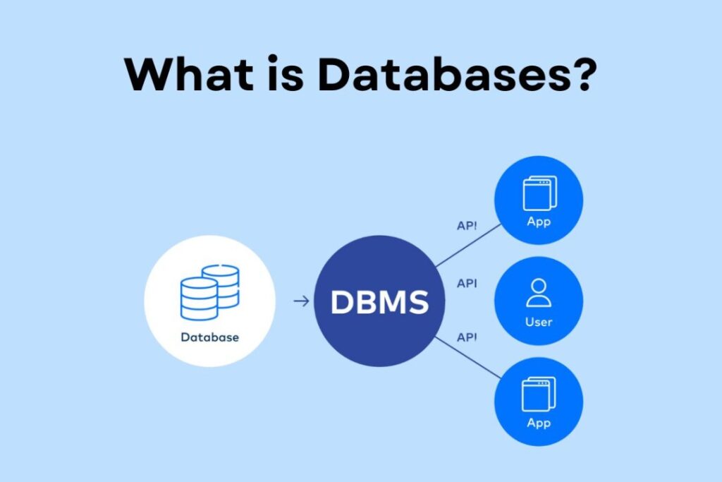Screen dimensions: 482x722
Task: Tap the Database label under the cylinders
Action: [209, 337]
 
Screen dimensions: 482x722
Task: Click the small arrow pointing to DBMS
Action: [301, 301]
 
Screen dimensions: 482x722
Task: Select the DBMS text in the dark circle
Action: [379, 302]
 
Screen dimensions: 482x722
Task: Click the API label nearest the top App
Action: [466, 226]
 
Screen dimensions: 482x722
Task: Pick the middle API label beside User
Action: [466, 283]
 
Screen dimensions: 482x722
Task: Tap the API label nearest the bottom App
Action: [466, 337]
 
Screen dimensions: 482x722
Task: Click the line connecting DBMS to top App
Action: [469, 246]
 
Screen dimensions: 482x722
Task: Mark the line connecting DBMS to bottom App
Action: [469, 358]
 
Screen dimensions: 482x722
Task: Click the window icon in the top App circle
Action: [539, 192]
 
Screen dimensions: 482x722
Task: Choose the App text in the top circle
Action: [539, 222]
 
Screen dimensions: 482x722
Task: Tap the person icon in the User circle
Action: [539, 292]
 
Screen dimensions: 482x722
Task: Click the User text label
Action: [539, 322]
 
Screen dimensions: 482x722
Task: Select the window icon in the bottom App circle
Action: [539, 394]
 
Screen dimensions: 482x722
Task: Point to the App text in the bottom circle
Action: [539, 423]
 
